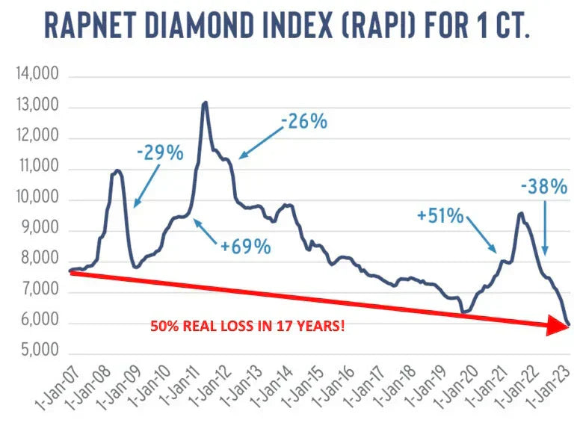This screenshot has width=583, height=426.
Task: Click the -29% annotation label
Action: coord(160,153)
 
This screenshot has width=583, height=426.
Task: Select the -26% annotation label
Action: coord(304,121)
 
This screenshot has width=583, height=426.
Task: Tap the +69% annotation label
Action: coord(245,247)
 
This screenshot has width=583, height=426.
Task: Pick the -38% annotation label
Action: coord(543,188)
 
